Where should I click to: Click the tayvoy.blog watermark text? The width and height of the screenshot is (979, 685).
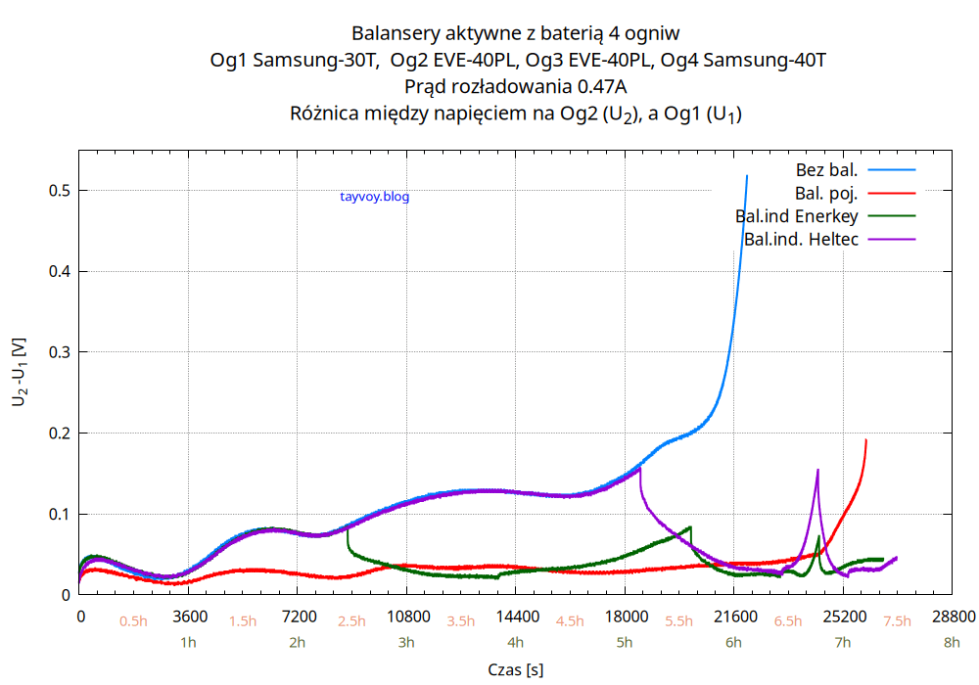pos(374,197)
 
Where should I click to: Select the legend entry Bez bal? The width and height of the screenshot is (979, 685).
pos(826,170)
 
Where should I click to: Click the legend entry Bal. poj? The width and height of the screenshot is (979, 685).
pos(826,193)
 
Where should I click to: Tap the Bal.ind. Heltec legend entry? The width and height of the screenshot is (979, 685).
pos(801,239)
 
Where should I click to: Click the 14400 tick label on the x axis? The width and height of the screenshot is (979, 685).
pos(517,616)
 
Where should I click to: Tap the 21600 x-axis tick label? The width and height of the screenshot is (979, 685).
pos(735,616)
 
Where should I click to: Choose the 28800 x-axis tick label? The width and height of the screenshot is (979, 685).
pos(954,616)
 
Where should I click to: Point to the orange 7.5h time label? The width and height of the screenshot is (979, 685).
pos(898,621)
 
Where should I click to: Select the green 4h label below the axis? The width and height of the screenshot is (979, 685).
pos(516,643)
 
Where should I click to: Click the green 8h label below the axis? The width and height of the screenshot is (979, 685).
pos(953,643)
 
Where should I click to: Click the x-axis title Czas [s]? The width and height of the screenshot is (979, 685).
pos(516,669)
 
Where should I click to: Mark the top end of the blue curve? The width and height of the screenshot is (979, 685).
pos(747,176)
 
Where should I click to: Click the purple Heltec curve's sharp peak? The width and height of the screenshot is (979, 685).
pos(817,471)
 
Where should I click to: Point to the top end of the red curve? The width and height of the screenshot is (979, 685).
pos(866,440)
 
